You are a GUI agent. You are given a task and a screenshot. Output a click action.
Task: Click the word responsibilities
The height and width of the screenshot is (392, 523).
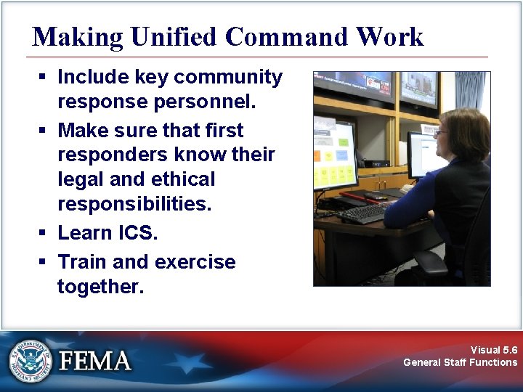(134, 204)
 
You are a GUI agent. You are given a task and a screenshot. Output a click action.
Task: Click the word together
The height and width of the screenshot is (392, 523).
(100, 286)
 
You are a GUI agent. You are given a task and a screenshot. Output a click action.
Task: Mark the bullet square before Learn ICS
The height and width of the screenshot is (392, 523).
(44, 234)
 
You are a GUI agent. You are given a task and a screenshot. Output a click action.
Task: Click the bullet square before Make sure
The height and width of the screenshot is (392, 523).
(44, 131)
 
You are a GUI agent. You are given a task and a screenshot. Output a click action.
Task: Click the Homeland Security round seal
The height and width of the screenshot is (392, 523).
(31, 360)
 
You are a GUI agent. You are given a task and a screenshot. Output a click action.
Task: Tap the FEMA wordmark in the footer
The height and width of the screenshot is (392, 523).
(95, 361)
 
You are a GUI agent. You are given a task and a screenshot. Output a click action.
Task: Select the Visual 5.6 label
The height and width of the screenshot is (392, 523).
(494, 350)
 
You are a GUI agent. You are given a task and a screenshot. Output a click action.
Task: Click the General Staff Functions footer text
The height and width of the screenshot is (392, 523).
(461, 362)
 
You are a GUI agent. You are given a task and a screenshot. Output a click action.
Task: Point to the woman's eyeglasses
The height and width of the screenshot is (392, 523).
(440, 133)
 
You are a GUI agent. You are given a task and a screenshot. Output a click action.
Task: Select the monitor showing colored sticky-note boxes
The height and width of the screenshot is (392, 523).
(333, 155)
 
